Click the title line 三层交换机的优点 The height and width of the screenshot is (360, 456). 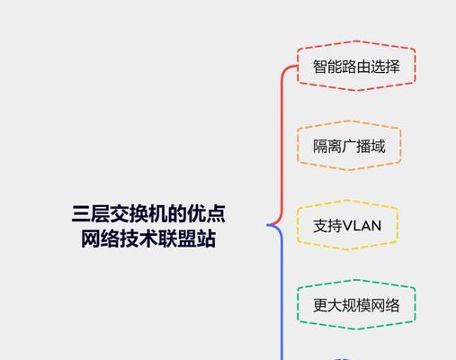point(148,213)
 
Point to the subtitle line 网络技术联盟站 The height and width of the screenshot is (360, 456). point(148,238)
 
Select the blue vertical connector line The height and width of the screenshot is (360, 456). point(282,292)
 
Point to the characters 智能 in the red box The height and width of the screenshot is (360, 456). point(326,67)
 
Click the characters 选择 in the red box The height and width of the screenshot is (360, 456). point(386,67)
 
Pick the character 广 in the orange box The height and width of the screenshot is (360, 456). point(349,146)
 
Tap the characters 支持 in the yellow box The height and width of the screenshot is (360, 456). point(327,226)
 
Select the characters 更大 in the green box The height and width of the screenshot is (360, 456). point(327,305)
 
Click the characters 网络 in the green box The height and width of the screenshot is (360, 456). point(386,305)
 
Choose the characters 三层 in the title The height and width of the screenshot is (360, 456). point(91,213)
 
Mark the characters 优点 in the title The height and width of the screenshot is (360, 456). point(206,213)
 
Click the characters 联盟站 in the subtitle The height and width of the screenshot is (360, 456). point(187,238)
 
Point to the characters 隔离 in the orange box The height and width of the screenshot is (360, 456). point(327,146)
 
